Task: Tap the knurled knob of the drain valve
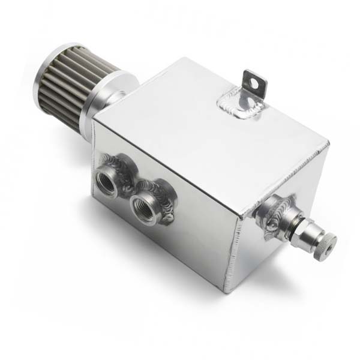323,243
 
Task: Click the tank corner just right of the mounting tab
328,145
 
